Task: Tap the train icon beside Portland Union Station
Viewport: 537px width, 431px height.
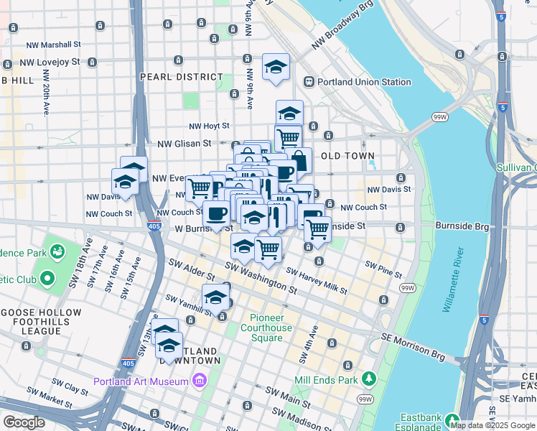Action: (x=310, y=82)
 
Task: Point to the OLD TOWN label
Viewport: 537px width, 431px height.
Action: (x=347, y=156)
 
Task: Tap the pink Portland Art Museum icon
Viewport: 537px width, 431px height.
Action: (x=199, y=380)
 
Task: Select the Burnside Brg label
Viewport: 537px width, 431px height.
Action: (x=462, y=226)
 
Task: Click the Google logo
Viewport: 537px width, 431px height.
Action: (x=23, y=422)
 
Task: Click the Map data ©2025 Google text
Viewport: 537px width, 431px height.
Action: (x=492, y=425)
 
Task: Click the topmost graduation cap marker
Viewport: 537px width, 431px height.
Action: (x=276, y=68)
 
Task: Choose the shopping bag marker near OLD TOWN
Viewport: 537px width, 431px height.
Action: (x=299, y=161)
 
